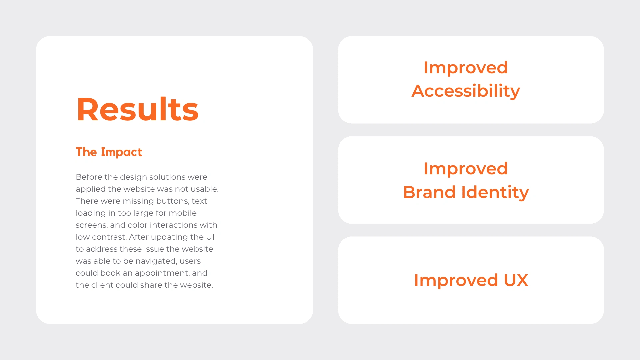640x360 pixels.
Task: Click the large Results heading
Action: [x=138, y=109]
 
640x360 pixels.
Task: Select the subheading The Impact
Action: [x=109, y=152]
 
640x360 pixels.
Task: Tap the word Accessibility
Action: [x=466, y=91]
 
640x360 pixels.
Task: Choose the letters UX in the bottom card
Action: [x=516, y=280]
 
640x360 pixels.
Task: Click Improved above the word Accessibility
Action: [x=466, y=68]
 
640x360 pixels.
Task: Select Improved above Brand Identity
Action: [x=466, y=169]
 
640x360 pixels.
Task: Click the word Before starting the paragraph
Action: [x=89, y=177]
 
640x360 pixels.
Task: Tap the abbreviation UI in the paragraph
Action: [x=210, y=237]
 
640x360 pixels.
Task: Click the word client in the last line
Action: [x=102, y=285]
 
